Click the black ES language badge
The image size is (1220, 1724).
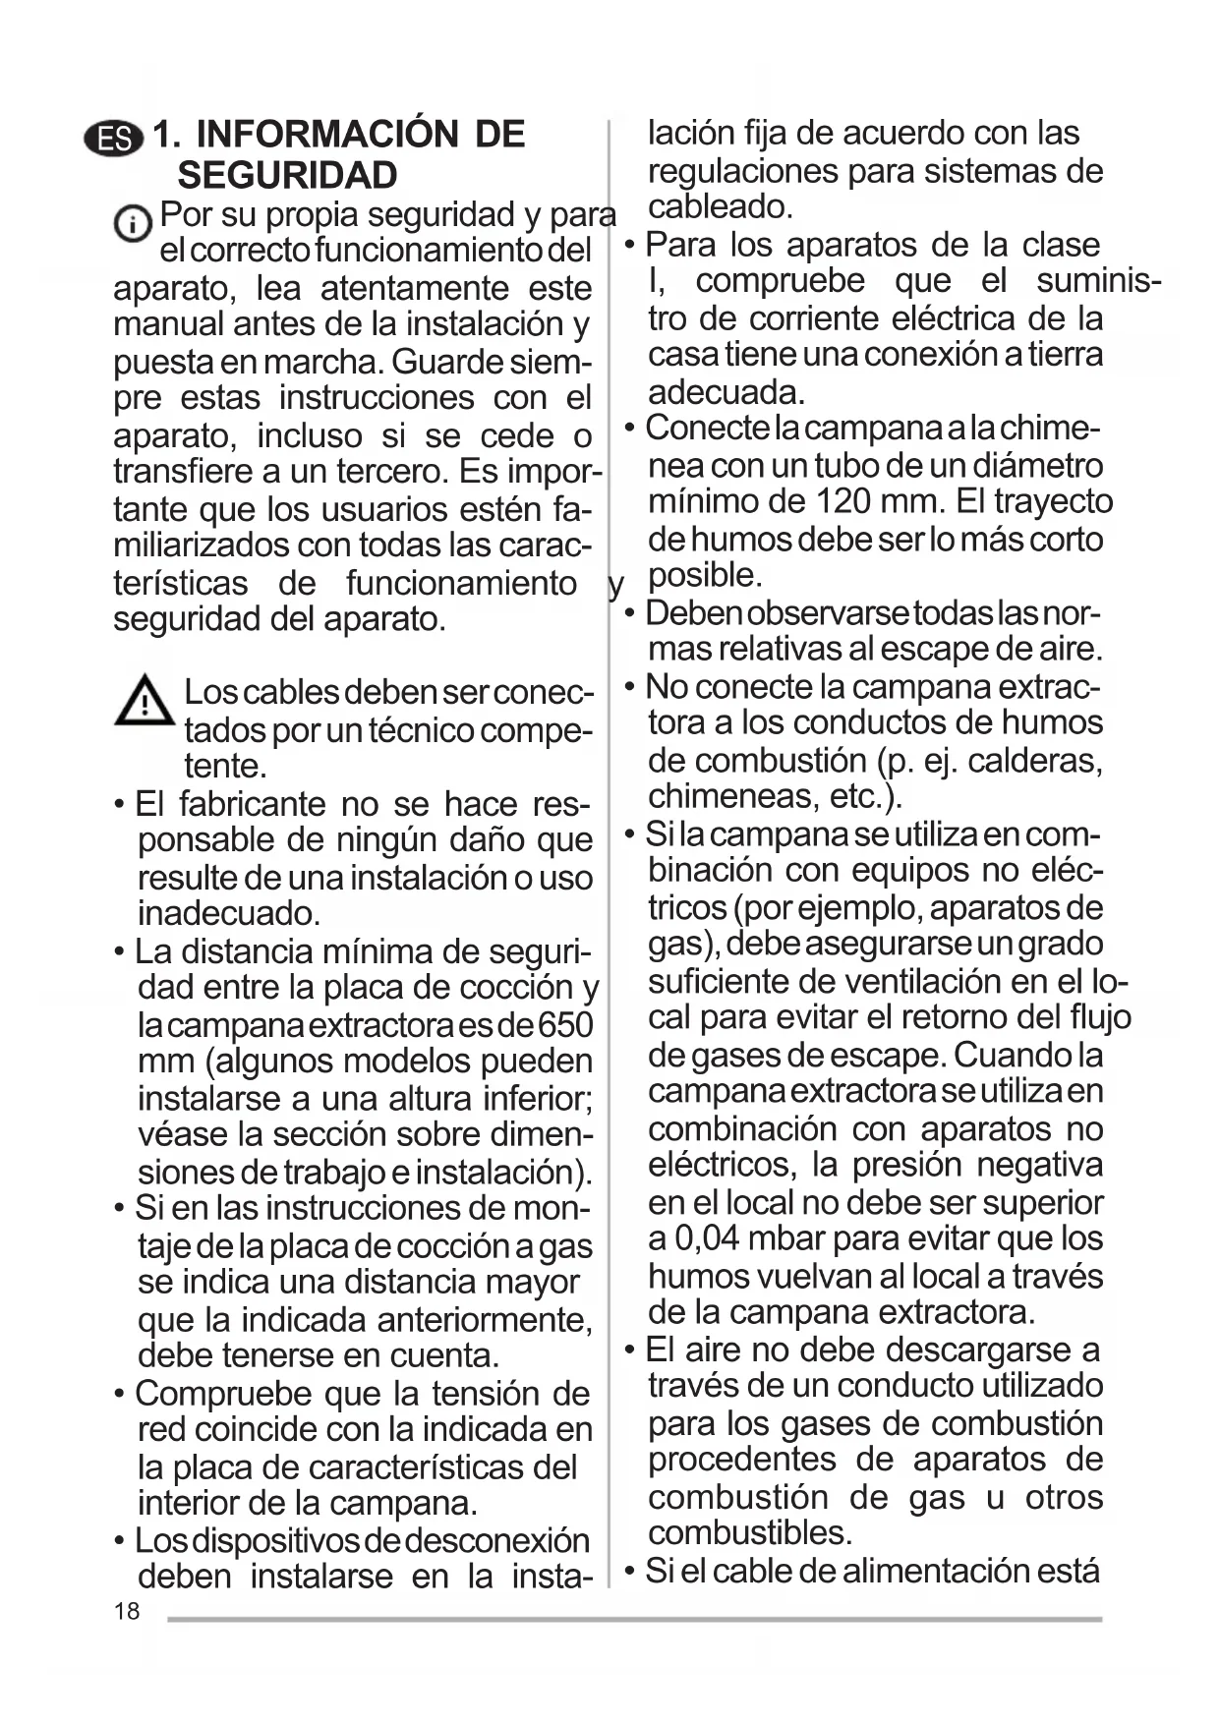coord(114,138)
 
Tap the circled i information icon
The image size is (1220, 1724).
coord(132,225)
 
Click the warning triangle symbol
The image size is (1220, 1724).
coord(145,702)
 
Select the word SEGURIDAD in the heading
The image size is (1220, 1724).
coord(287,175)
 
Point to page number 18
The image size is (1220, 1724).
coord(127,1611)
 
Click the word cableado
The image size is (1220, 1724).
coord(719,207)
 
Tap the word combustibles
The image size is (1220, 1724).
coord(749,1532)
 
